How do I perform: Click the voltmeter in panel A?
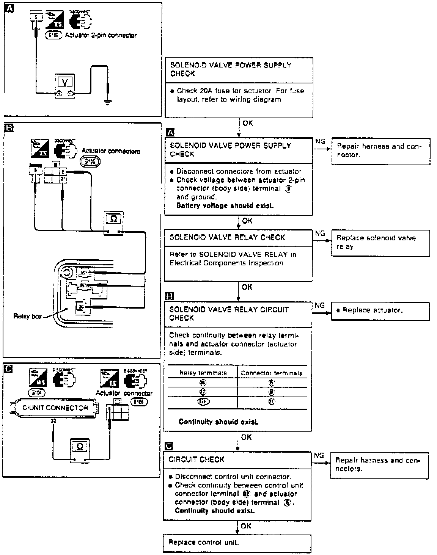pyautogui.click(x=65, y=86)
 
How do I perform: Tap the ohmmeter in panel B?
pyautogui.click(x=114, y=223)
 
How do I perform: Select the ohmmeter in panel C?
pyautogui.click(x=79, y=449)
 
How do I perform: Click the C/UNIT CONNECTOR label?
pyautogui.click(x=55, y=408)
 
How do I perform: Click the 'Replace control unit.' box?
pyautogui.click(x=237, y=542)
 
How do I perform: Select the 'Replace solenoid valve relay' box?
pyautogui.click(x=380, y=242)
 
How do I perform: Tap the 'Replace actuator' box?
pyautogui.click(x=380, y=310)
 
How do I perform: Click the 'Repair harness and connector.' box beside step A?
pyautogui.click(x=380, y=151)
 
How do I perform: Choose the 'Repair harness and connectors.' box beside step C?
pyautogui.click(x=380, y=464)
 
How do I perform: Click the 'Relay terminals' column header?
pyautogui.click(x=203, y=373)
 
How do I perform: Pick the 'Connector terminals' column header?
pyautogui.click(x=272, y=373)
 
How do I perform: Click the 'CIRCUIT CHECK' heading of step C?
pyautogui.click(x=196, y=459)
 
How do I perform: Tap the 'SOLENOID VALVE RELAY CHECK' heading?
pyautogui.click(x=227, y=237)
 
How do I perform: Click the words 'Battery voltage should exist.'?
pyautogui.click(x=225, y=206)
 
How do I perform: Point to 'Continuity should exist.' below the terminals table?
pyautogui.click(x=218, y=422)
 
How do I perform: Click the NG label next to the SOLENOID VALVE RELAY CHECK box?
pyautogui.click(x=320, y=234)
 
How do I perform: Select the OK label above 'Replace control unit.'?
pyautogui.click(x=246, y=526)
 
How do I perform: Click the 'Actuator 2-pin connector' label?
pyautogui.click(x=101, y=36)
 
